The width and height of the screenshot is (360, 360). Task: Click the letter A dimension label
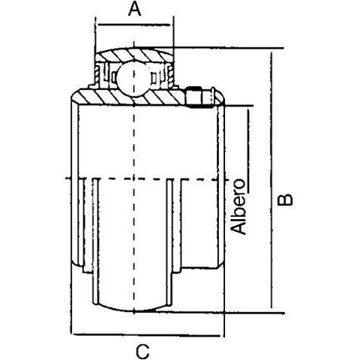134,10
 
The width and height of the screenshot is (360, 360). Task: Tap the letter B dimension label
285,199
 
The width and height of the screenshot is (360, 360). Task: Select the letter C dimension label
142,351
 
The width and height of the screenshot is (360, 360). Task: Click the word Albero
238,206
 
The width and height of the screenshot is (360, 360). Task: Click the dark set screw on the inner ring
193,97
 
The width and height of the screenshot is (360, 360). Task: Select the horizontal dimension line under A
134,25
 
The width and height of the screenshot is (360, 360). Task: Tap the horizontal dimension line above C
148,334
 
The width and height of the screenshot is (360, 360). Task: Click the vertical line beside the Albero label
248,151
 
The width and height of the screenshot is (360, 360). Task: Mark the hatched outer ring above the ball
134,54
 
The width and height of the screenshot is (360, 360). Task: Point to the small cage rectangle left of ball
114,77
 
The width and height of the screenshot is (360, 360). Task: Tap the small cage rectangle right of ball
154,78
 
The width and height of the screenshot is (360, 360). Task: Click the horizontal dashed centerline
146,179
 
